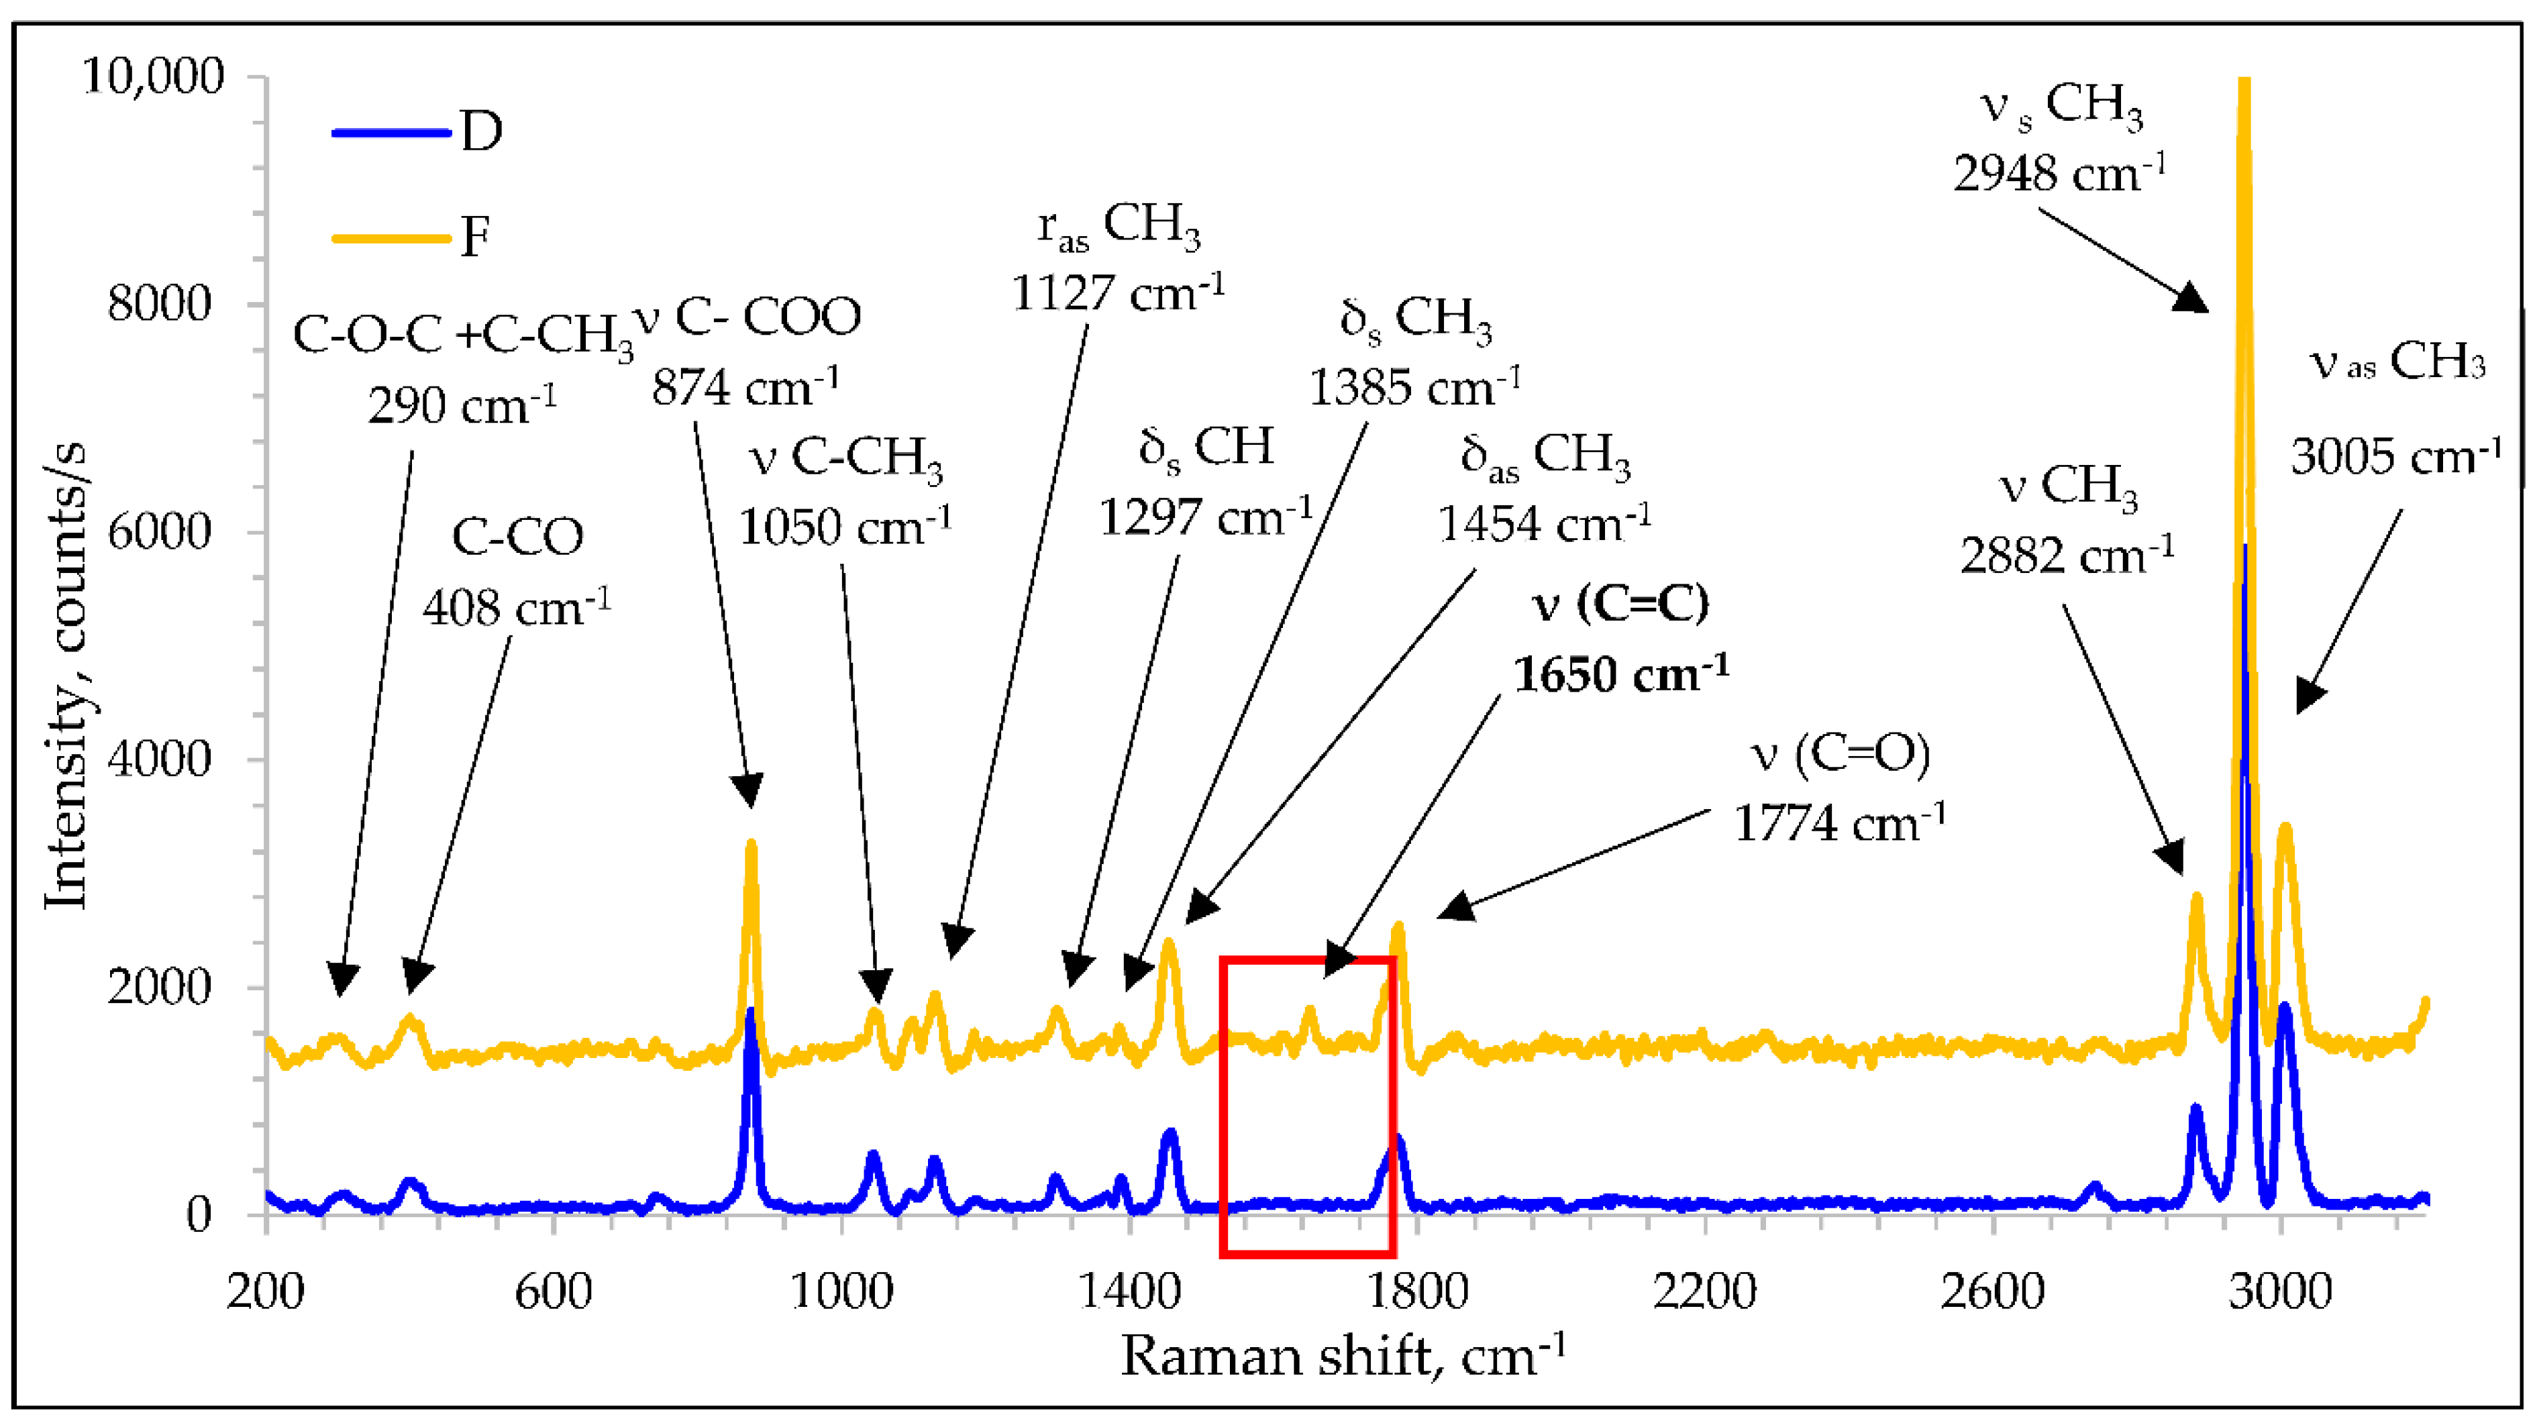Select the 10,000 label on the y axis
pos(153,76)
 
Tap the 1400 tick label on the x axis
pos(1129,1290)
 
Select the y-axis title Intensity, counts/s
pos(67,678)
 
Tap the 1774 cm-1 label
pos(1839,823)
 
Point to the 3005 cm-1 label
pos(2395,457)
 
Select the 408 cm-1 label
pos(516,608)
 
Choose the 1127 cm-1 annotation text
pos(1118,293)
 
